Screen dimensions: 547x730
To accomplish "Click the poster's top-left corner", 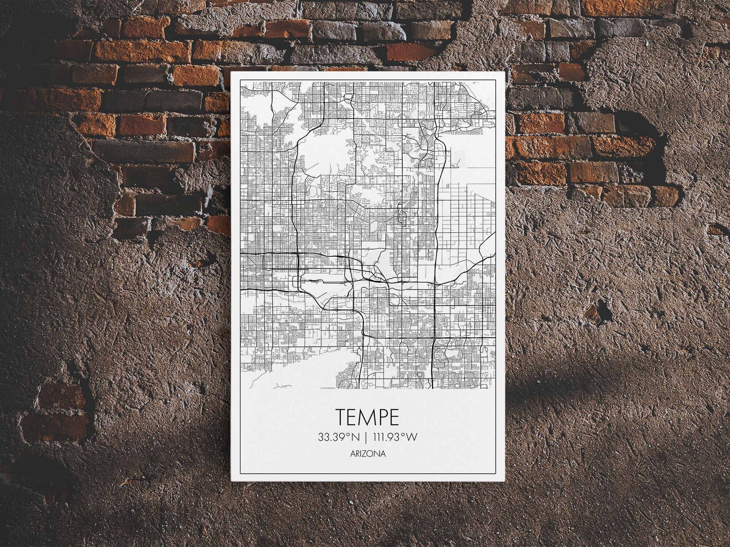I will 231,72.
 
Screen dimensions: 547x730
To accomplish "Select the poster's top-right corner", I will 504,72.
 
